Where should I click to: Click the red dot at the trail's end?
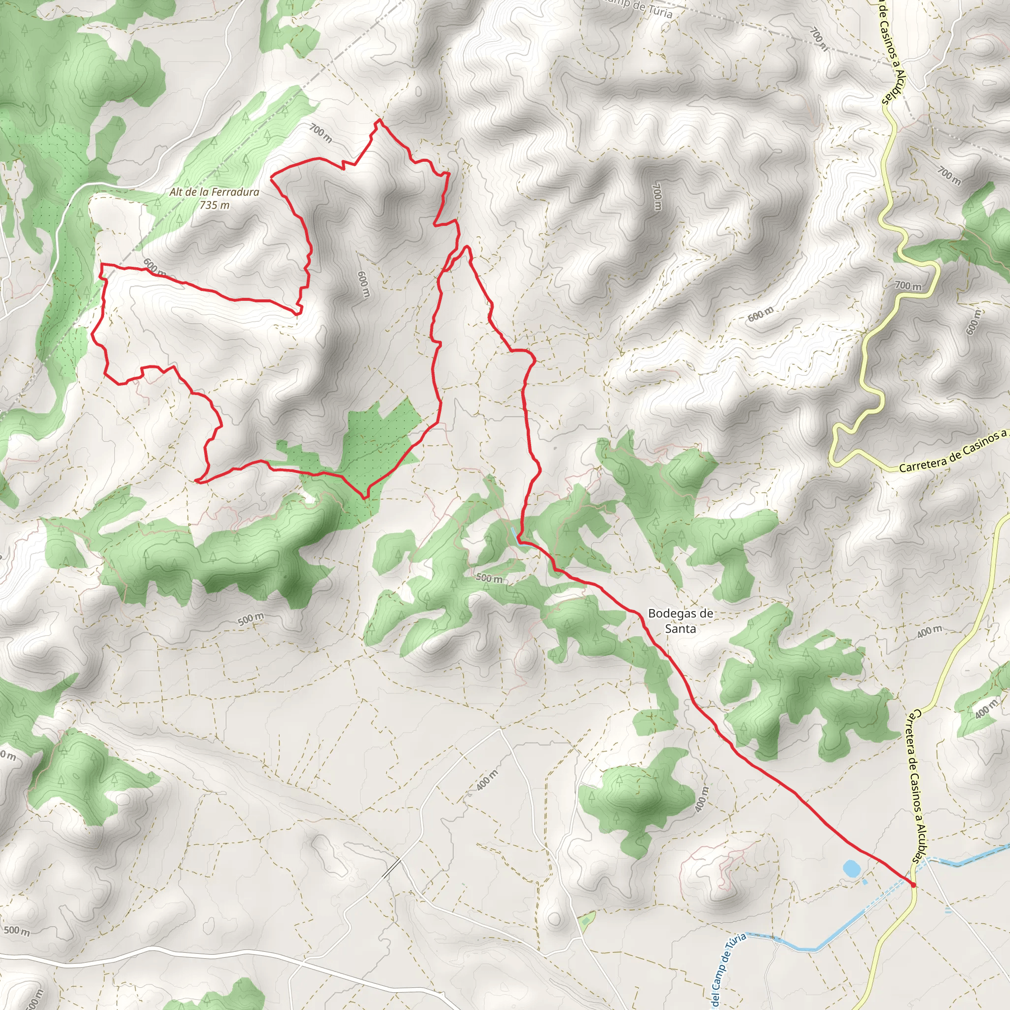(913, 885)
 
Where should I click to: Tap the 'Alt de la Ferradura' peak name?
(215, 192)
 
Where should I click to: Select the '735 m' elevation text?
(215, 206)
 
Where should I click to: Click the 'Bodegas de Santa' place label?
(680, 620)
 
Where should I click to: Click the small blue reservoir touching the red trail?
(517, 535)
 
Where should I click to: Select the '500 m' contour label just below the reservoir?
(489, 578)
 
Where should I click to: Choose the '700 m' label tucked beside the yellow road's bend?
(908, 286)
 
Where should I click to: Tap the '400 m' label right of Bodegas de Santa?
(930, 632)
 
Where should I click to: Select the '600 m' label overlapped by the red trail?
(155, 269)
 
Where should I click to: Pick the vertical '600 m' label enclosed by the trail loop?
(363, 285)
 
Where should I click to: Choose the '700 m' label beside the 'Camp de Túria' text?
(819, 39)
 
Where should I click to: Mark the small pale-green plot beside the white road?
(587, 917)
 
